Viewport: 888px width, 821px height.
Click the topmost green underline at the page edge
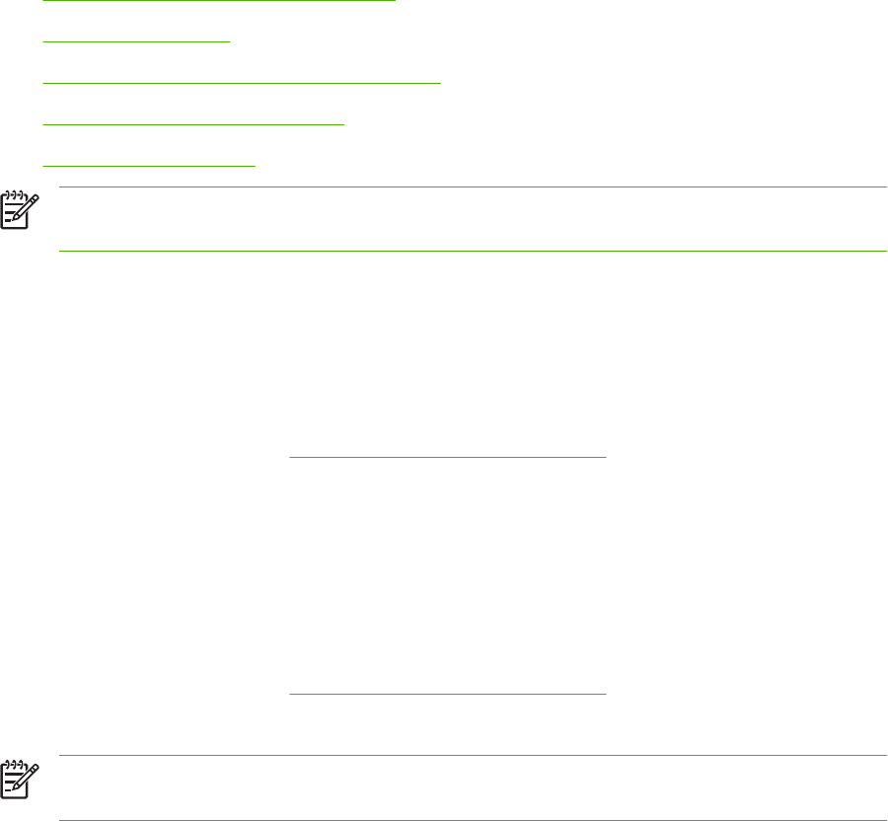pyautogui.click(x=220, y=1)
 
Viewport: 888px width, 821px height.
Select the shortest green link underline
pyautogui.click(x=137, y=42)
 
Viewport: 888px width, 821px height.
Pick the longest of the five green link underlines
pyautogui.click(x=243, y=84)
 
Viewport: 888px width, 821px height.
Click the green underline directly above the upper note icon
pyautogui.click(x=150, y=167)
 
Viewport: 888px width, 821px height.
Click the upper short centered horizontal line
pyautogui.click(x=447, y=457)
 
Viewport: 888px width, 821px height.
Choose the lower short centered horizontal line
pyautogui.click(x=447, y=694)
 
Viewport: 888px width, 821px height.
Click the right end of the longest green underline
pyautogui.click(x=440, y=84)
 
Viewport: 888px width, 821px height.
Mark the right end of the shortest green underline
pyautogui.click(x=229, y=42)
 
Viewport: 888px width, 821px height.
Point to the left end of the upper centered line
pyautogui.click(x=290, y=457)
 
